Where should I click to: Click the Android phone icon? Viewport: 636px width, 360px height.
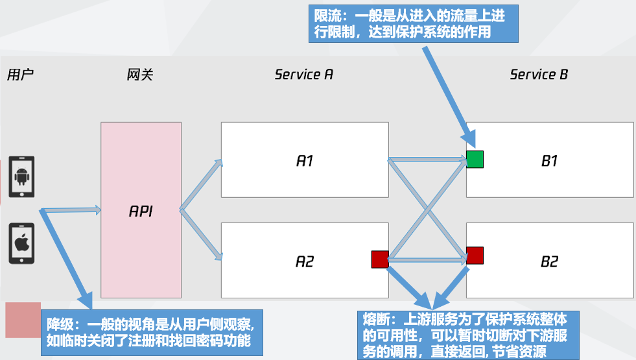point(21,176)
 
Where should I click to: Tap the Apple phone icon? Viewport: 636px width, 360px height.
point(21,243)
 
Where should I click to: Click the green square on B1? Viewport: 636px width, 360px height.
point(475,159)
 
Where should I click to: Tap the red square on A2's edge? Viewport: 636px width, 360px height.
point(379,259)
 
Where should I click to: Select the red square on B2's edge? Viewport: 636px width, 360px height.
point(475,256)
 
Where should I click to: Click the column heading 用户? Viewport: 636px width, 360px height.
point(19,74)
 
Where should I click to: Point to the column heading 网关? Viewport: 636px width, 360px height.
point(139,74)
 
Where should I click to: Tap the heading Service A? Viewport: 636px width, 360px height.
point(303,74)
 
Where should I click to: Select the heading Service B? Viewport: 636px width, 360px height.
point(539,74)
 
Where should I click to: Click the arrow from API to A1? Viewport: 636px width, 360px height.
point(201,186)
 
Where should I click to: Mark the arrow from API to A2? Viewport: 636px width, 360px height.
point(201,234)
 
